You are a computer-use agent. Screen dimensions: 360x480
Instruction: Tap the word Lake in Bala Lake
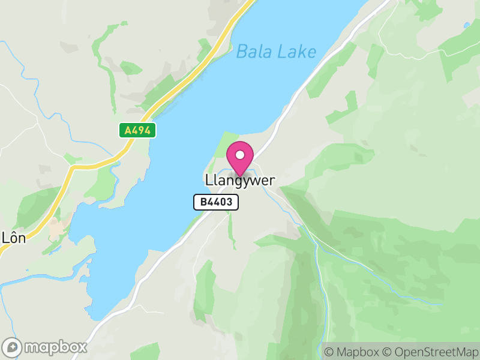[x=296, y=52]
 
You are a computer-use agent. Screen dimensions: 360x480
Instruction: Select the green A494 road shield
[x=137, y=130]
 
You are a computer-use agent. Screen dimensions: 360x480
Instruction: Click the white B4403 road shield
[x=216, y=202]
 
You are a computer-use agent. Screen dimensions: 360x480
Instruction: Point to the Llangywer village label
[x=240, y=180]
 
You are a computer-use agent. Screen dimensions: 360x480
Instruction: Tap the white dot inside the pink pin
[x=240, y=155]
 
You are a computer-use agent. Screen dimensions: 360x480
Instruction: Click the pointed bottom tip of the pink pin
[x=240, y=176]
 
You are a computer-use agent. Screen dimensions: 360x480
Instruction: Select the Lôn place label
[x=13, y=236]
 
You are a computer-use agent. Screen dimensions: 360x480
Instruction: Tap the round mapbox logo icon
[x=13, y=347]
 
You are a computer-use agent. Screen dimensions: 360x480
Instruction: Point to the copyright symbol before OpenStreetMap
[x=387, y=352]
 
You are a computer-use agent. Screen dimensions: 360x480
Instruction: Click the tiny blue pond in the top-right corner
[x=467, y=26]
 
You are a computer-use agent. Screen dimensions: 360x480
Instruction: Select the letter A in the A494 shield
[x=127, y=130]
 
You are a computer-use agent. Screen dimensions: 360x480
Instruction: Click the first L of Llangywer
[x=208, y=180]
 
